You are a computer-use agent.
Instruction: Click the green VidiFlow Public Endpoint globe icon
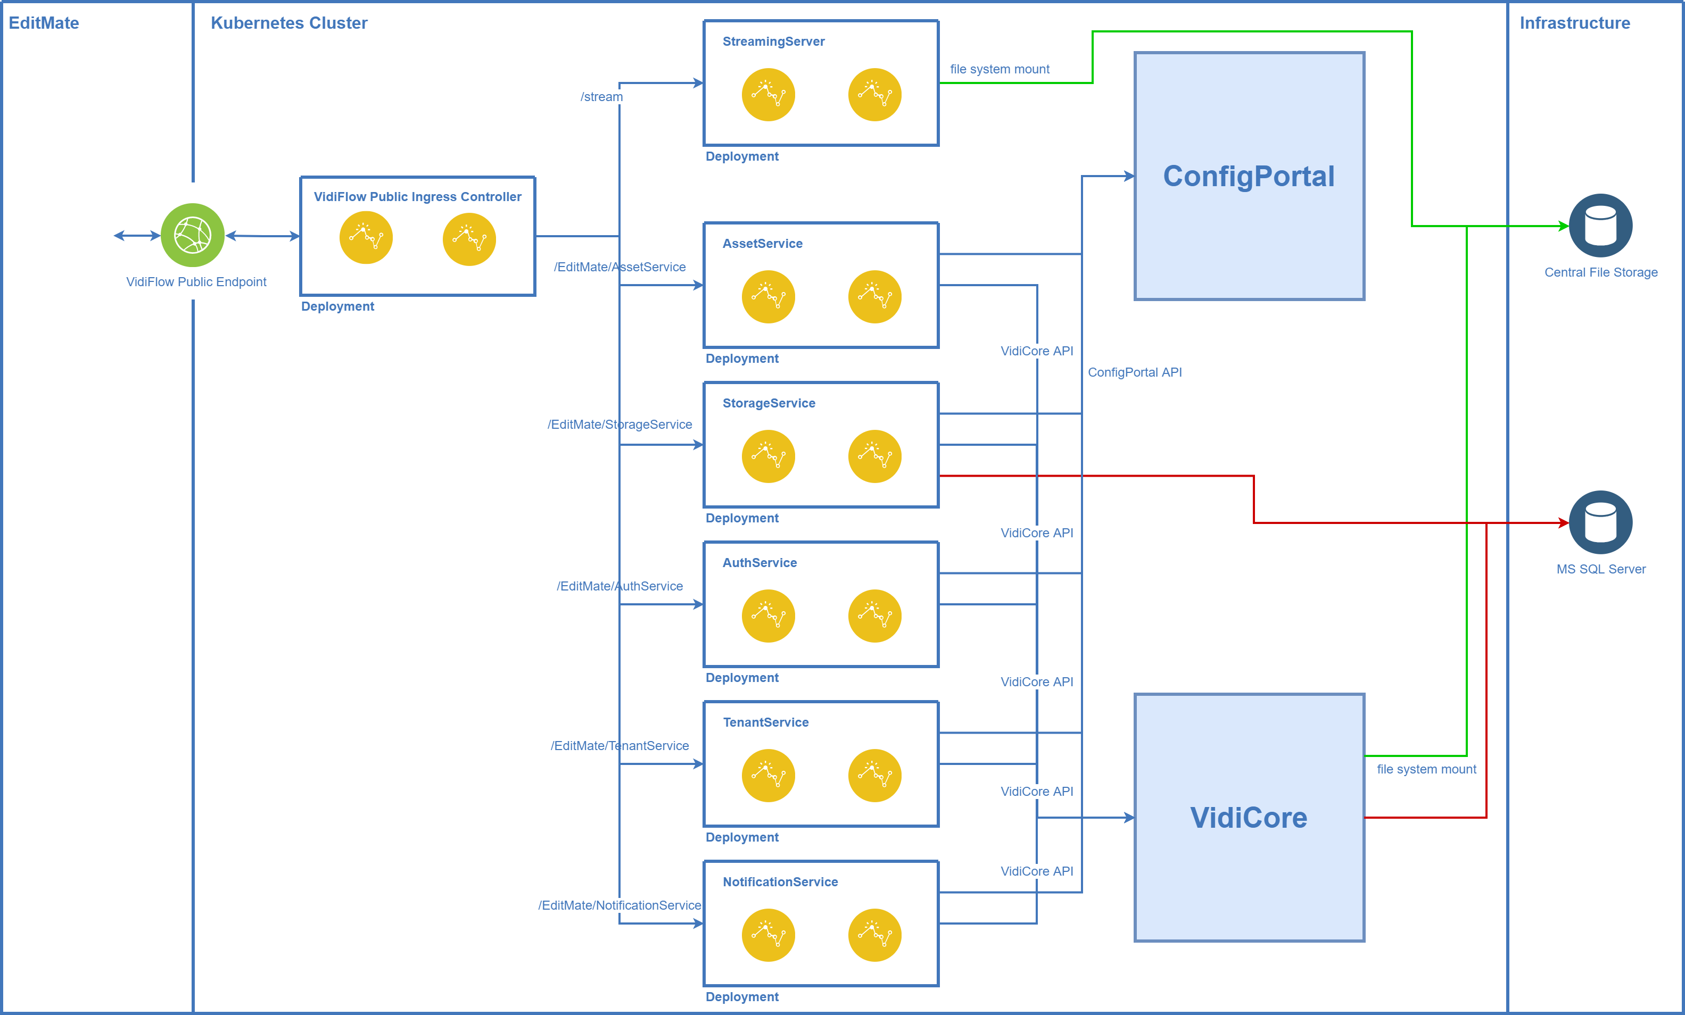tap(192, 235)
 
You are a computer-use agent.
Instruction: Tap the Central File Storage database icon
tap(1600, 226)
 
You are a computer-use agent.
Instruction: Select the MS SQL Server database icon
tap(1600, 522)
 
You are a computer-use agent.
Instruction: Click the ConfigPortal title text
tap(1249, 176)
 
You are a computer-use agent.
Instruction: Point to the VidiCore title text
tap(1249, 818)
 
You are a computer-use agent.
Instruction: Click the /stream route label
tap(602, 97)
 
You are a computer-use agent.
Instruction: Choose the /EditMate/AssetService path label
tap(620, 267)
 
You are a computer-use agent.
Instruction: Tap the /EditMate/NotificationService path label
tap(620, 905)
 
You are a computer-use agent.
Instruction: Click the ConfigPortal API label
tap(1135, 372)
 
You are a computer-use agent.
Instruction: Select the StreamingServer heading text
tap(773, 41)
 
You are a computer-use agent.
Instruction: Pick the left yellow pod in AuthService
tap(768, 616)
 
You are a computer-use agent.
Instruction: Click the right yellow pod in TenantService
tap(874, 775)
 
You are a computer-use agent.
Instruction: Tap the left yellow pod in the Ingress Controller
tap(366, 237)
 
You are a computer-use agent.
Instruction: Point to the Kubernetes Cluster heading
tap(288, 23)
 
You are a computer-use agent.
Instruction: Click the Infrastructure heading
tap(1574, 23)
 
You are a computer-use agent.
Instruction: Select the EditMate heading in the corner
tap(44, 23)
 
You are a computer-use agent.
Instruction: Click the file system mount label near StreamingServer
tap(999, 69)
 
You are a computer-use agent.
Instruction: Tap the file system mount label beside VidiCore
tap(1426, 769)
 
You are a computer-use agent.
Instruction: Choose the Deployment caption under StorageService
tap(742, 518)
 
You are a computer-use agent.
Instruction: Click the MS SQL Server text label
tap(1601, 569)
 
